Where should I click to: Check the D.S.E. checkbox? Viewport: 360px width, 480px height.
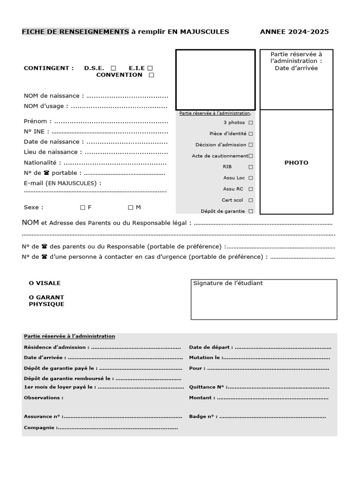pos(113,68)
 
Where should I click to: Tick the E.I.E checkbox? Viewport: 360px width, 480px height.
pos(150,68)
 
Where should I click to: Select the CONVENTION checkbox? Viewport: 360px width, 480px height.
pos(151,75)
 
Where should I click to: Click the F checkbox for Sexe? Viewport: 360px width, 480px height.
pos(82,207)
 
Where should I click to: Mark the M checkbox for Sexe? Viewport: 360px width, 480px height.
pos(131,207)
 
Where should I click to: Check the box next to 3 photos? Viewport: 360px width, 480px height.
pos(251,122)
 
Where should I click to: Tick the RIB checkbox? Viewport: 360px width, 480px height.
pos(251,167)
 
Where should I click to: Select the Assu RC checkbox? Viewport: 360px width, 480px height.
pos(251,189)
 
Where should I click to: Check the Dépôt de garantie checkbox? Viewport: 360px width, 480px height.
pos(251,211)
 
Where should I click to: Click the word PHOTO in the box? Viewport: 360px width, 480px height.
pos(296,163)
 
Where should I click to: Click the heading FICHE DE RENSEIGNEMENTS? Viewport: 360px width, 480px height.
pos(75,32)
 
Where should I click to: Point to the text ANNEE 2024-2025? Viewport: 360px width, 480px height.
pos(294,32)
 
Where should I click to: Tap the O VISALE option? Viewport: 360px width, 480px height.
pos(45,283)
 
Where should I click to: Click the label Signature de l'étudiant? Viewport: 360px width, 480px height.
pos(228,283)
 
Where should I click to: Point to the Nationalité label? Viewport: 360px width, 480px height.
pos(42,163)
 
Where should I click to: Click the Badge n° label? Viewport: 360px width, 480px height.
pos(203,416)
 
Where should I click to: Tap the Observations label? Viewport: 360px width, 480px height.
pos(43,397)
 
